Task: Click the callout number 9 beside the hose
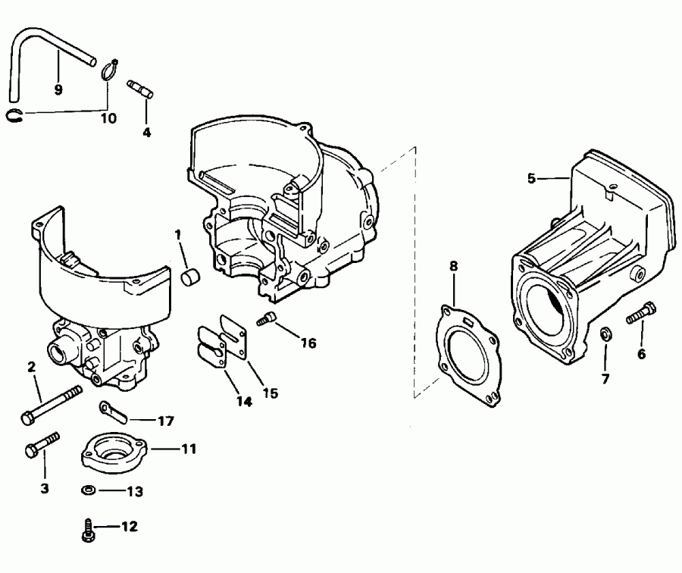pos(58,89)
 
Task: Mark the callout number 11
pos(188,449)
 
